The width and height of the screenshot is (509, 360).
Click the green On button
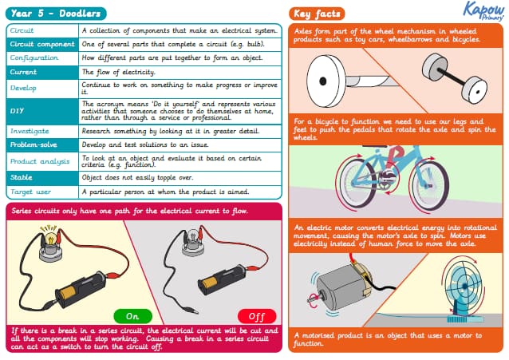(132, 316)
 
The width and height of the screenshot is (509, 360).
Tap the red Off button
(257, 316)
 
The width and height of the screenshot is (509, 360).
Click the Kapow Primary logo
(483, 10)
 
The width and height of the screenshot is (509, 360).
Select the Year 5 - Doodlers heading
(56, 14)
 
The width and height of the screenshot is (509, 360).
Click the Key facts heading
(317, 14)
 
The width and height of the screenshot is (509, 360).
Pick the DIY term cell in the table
(42, 111)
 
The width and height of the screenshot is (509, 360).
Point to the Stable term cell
(42, 178)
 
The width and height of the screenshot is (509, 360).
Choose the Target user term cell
(42, 192)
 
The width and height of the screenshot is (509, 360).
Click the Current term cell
(42, 72)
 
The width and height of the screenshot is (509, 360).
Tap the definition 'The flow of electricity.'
(119, 72)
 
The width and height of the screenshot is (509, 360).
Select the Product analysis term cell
(42, 161)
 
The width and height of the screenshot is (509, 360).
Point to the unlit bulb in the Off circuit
(192, 236)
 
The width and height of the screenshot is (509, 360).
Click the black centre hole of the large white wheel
(323, 81)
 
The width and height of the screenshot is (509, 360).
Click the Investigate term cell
(42, 132)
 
